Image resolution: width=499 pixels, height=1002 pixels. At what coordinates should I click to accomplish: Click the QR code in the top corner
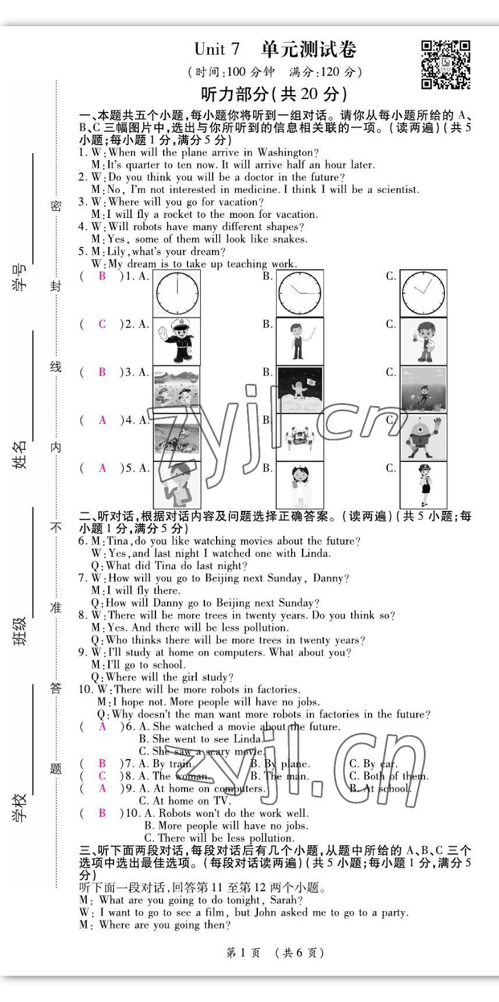[445, 64]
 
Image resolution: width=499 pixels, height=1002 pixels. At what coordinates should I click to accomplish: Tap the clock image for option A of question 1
[176, 293]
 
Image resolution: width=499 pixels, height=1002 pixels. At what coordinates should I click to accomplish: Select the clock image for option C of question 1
[423, 293]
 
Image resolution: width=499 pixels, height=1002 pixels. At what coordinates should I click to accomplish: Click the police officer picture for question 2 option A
[176, 341]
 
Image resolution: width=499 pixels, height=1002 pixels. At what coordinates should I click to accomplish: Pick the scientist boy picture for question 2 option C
[423, 341]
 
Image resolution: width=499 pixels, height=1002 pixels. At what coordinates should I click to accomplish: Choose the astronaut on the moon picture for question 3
[299, 389]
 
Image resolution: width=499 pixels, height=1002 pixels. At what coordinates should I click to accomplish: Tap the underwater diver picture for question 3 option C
[423, 389]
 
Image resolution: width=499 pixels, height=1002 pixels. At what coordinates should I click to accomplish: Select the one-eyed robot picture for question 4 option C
[423, 437]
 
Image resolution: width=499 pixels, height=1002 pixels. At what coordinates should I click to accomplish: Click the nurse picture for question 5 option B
[299, 485]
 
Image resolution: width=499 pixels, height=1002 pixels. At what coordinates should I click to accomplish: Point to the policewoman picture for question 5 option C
[423, 485]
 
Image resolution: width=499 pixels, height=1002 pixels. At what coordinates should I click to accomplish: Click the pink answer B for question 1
[102, 276]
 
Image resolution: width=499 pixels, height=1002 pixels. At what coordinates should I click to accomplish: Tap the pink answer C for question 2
[102, 324]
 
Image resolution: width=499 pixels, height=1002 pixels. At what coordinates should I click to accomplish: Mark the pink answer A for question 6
[102, 726]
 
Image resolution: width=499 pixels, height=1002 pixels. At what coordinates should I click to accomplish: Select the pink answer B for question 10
[102, 813]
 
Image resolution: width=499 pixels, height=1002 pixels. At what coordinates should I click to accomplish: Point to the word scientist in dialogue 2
[392, 189]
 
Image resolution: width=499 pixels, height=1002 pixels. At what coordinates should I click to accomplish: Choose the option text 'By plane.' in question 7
[280, 764]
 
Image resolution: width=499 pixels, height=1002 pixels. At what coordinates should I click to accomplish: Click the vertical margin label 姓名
[20, 454]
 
